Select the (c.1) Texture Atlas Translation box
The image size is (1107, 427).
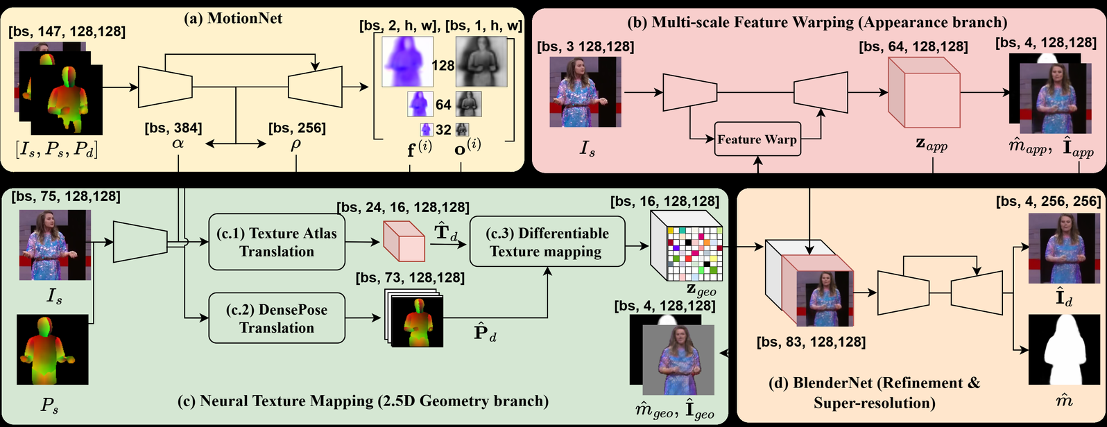[277, 242]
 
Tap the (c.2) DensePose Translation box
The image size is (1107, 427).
[277, 318]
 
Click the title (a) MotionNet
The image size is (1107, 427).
[233, 19]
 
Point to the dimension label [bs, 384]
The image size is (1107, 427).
[173, 128]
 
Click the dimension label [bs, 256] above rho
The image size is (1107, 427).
[297, 128]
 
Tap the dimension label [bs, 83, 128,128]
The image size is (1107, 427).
[812, 342]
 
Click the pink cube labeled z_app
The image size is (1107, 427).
[922, 94]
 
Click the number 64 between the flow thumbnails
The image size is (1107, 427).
[443, 105]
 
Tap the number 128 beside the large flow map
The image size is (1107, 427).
[443, 66]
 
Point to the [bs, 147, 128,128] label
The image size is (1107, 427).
[67, 31]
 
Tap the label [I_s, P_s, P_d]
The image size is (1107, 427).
[56, 148]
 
